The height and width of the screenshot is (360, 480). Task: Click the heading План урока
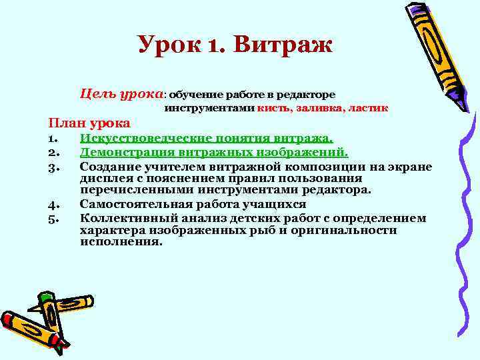coord(89,123)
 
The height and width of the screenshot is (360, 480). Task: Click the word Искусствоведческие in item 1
coord(138,138)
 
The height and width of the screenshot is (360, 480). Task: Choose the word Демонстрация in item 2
coord(123,152)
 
